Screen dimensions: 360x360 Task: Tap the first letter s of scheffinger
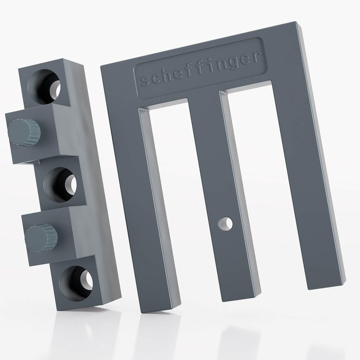pos(144,81)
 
